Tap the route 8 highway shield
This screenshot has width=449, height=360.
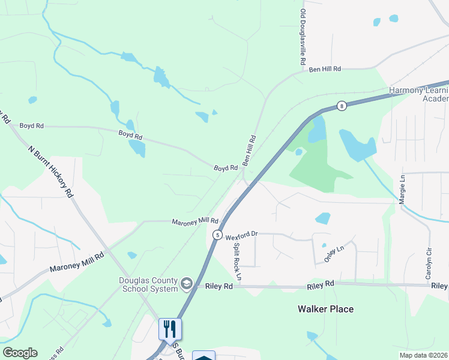click(x=341, y=106)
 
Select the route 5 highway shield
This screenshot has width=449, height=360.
click(x=217, y=235)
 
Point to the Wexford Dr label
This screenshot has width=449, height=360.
click(x=241, y=236)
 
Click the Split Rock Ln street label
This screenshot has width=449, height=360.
click(x=237, y=262)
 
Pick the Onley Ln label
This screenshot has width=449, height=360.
click(x=335, y=253)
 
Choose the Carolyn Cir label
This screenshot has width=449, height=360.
click(x=429, y=263)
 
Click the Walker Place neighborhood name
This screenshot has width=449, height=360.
click(x=326, y=309)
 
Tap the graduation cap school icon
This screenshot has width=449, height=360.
click(x=187, y=284)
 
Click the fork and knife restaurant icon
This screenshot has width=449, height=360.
click(x=170, y=329)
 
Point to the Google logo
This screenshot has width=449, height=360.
click(x=20, y=353)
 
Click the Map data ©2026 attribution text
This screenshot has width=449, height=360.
click(x=424, y=355)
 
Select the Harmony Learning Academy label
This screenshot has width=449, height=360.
click(x=418, y=94)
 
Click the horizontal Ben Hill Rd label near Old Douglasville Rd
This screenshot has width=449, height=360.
click(x=325, y=70)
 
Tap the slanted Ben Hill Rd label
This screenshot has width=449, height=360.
click(x=249, y=151)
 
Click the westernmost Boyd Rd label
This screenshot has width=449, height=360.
click(x=32, y=126)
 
